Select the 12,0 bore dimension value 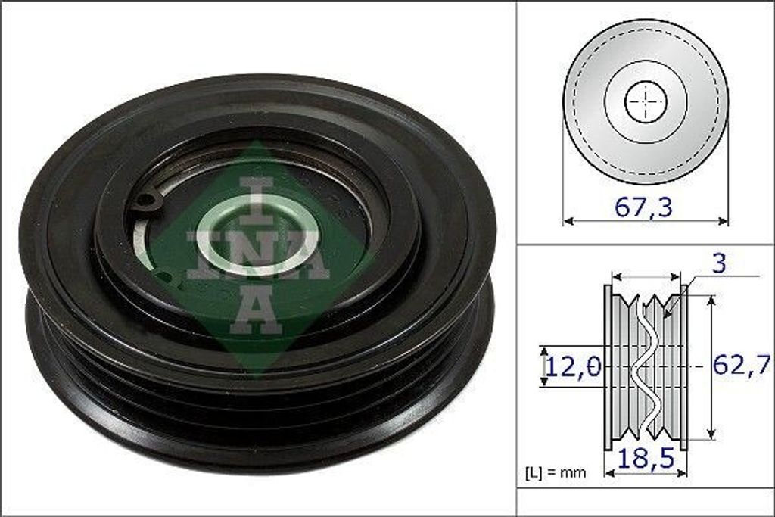pos(574,368)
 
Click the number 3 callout pos(719,264)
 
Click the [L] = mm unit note pos(556,474)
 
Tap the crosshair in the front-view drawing pos(646,102)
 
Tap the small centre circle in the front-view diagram pos(646,102)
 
